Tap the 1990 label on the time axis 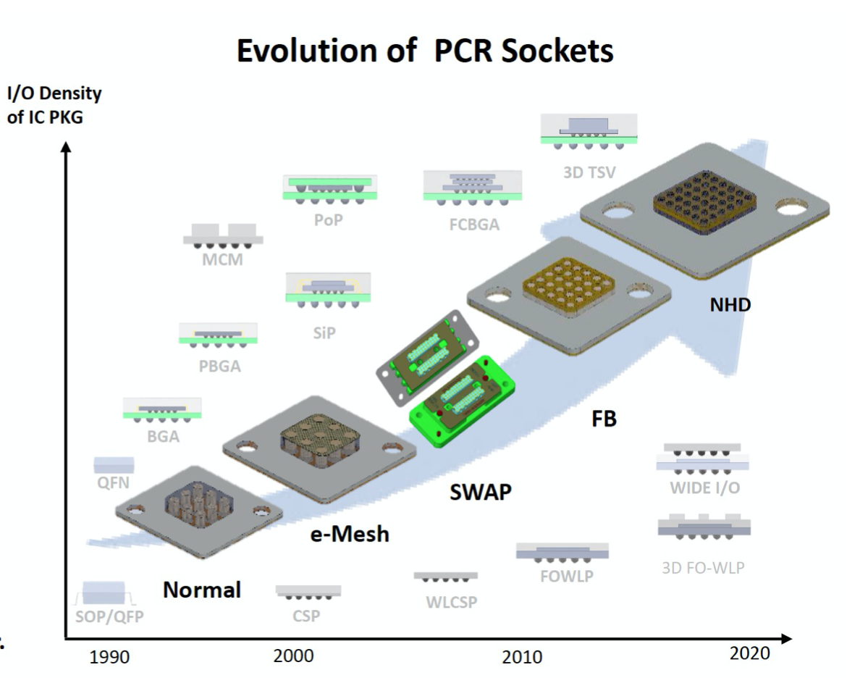coord(109,658)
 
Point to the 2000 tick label coord(293,656)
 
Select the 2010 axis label coord(521,658)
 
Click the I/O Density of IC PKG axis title coord(54,105)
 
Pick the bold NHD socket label coord(730,305)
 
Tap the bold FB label coord(604,419)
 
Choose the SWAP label coord(481,493)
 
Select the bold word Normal coord(201,590)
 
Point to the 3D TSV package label coord(589,173)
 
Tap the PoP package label coord(329,219)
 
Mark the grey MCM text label coord(223,261)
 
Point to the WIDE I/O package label coord(704,487)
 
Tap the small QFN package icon coord(114,464)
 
